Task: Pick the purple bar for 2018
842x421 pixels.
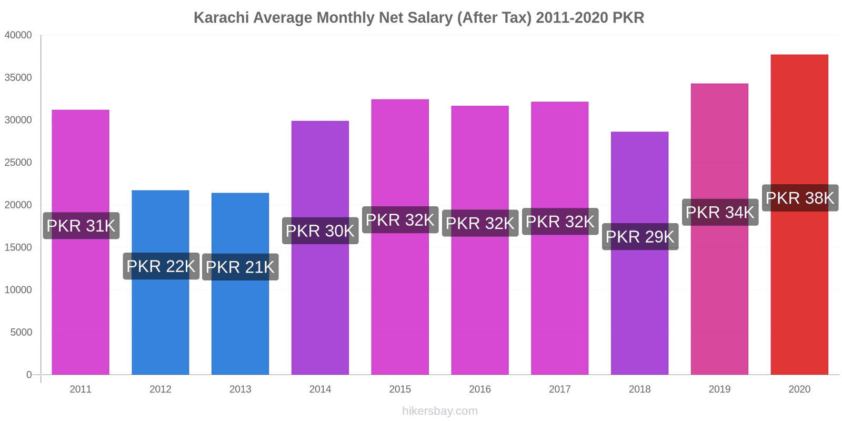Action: [x=639, y=305]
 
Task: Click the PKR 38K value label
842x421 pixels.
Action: [x=799, y=198]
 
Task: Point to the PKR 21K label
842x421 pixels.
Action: [x=240, y=267]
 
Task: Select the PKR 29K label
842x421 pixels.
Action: [x=640, y=236]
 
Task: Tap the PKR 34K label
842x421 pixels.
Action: [x=720, y=212]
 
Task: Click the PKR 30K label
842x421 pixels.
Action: [x=320, y=230]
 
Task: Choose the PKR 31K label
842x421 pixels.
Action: [x=81, y=226]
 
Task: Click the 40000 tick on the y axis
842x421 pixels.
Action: [x=18, y=35]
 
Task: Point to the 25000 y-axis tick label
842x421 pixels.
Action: [x=18, y=163]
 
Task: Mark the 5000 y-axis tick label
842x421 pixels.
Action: [x=21, y=333]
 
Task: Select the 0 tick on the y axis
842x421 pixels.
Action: [x=29, y=375]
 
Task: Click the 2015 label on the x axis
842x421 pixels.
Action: [x=400, y=389]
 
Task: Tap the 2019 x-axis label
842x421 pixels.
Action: [x=719, y=389]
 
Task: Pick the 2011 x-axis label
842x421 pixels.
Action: [x=81, y=389]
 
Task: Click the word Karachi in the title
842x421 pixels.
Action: [x=221, y=17]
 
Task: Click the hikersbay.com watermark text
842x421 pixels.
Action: [x=440, y=411]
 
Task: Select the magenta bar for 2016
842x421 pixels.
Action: [x=479, y=305]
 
